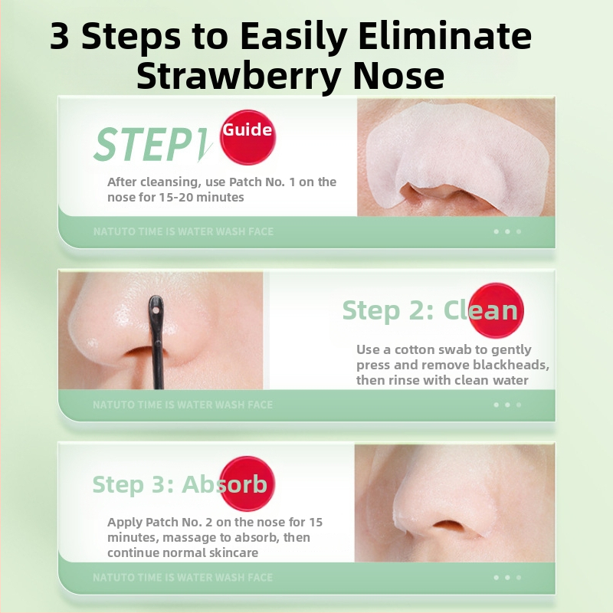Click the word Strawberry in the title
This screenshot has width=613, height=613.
pyautogui.click(x=241, y=77)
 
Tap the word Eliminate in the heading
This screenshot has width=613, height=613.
pyautogui.click(x=444, y=35)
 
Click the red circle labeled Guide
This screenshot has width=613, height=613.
pyautogui.click(x=247, y=138)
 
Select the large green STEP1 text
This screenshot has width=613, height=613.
pyautogui.click(x=152, y=144)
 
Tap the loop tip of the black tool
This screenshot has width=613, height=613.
pyautogui.click(x=156, y=310)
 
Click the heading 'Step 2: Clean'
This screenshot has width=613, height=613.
pyautogui.click(x=430, y=310)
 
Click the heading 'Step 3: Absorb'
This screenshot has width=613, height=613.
pyautogui.click(x=180, y=484)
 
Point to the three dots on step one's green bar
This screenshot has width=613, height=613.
pyautogui.click(x=507, y=231)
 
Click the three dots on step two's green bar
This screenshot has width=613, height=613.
pyautogui.click(x=507, y=405)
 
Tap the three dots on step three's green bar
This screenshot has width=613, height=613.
pyautogui.click(x=507, y=578)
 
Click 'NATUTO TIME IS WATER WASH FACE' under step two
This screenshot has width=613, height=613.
pyautogui.click(x=183, y=405)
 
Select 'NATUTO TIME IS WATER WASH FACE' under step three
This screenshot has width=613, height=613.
pyautogui.click(x=183, y=578)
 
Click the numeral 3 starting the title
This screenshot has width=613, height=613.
pyautogui.click(x=60, y=36)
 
